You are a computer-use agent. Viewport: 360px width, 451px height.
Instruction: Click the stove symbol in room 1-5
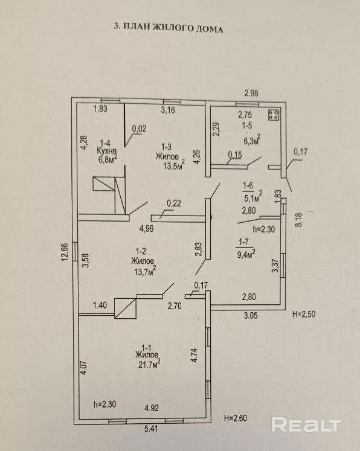pyautogui.click(x=274, y=115)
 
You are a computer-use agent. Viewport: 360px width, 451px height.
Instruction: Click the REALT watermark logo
pyautogui.click(x=306, y=425)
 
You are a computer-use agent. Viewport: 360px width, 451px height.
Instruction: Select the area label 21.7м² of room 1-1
pyautogui.click(x=149, y=365)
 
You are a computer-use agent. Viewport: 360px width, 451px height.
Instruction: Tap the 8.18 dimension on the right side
pyautogui.click(x=298, y=220)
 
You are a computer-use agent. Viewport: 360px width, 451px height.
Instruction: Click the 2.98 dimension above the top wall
pyautogui.click(x=251, y=93)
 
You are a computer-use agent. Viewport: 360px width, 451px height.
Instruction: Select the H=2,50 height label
pyautogui.click(x=304, y=314)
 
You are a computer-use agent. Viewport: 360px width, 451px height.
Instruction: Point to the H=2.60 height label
pyautogui.click(x=236, y=418)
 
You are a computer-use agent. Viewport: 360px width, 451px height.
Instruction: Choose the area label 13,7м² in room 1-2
pyautogui.click(x=145, y=270)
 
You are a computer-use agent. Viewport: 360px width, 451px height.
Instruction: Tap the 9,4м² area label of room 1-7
pyautogui.click(x=246, y=254)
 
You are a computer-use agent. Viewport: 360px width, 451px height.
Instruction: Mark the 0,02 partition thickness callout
pyautogui.click(x=140, y=129)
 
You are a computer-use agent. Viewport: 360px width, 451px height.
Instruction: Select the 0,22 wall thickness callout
pyautogui.click(x=174, y=203)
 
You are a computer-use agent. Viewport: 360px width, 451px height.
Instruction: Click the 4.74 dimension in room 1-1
pyautogui.click(x=194, y=355)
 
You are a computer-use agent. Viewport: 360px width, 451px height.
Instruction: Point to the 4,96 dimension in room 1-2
pyautogui.click(x=146, y=229)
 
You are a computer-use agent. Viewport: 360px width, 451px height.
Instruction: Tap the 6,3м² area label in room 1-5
pyautogui.click(x=252, y=140)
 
